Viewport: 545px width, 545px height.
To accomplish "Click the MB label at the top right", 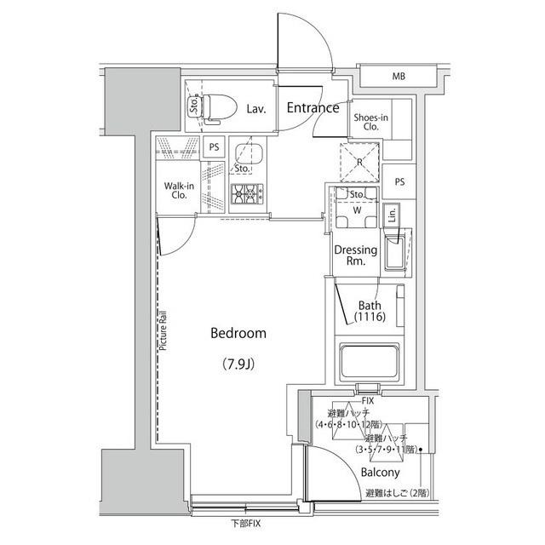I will (399, 77).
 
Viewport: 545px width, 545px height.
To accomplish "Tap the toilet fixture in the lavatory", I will (219, 106).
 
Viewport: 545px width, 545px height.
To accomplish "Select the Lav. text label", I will (256, 109).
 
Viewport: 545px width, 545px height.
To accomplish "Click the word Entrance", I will (313, 108).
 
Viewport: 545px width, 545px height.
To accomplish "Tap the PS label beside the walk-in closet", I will (215, 146).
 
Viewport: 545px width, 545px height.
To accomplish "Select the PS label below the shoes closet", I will (399, 183).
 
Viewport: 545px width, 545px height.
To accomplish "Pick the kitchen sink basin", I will (250, 157).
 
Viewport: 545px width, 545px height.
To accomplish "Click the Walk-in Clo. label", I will (179, 189).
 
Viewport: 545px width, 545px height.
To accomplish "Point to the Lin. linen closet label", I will (392, 216).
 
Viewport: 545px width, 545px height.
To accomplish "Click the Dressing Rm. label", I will (356, 255).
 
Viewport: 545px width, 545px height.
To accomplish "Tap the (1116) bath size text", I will (370, 318).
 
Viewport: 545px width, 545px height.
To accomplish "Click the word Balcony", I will (380, 472).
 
